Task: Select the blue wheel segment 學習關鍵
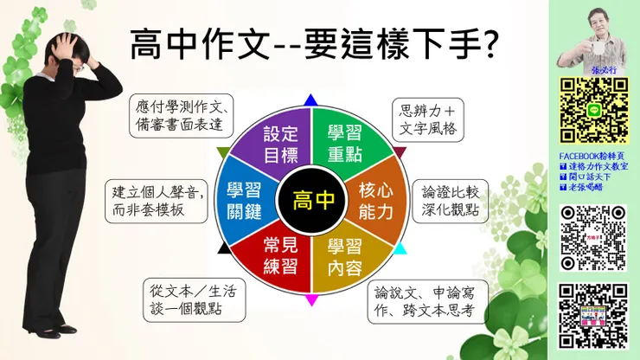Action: pyautogui.click(x=246, y=200)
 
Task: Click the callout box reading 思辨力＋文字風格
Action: pyautogui.click(x=428, y=121)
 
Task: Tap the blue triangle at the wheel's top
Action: pyautogui.click(x=312, y=100)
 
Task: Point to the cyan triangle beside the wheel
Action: pyautogui.click(x=400, y=250)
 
